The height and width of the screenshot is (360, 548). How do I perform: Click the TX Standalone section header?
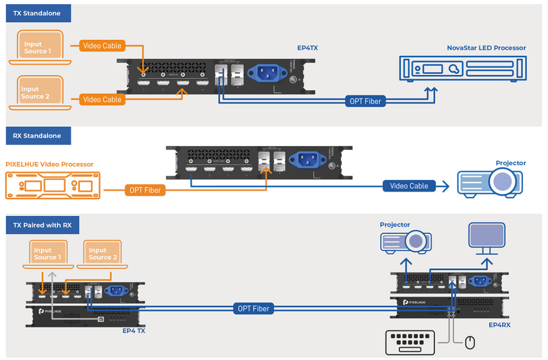coord(39,14)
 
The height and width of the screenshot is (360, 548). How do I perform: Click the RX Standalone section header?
coord(39,136)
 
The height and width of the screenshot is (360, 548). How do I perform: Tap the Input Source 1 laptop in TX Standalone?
coord(40,48)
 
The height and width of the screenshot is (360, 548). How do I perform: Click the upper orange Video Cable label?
coord(102,45)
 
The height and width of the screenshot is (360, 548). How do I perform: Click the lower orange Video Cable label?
coord(102,100)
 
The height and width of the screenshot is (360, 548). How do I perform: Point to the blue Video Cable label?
coord(408,186)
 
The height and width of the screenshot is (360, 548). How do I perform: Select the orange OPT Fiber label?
coord(145,190)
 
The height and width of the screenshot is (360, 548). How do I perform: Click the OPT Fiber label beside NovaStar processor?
coord(365,101)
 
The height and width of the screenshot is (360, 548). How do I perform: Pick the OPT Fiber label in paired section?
coord(253,309)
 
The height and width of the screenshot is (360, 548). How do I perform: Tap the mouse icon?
coord(470,343)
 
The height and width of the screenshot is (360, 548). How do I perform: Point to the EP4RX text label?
coord(499,325)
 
